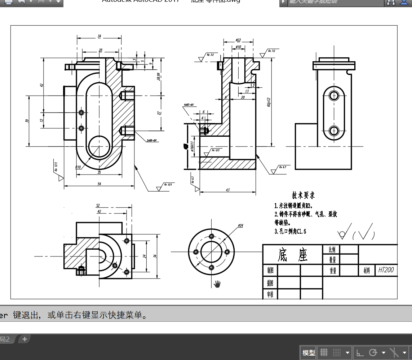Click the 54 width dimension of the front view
[99, 184]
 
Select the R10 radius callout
[78, 167]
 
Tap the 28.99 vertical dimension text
[159, 76]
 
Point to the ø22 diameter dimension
[238, 40]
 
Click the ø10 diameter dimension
[238, 47]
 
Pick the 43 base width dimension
[228, 190]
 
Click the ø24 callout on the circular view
[241, 225]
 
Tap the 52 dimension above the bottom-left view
[98, 206]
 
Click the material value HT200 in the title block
[386, 270]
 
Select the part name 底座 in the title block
[293, 255]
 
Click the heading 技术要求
[303, 195]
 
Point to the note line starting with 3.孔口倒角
[291, 231]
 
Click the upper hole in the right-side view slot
[334, 96]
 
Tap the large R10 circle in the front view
[99, 147]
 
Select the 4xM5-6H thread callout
[189, 105]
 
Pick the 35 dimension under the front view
[99, 172]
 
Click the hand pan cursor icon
[217, 284]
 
